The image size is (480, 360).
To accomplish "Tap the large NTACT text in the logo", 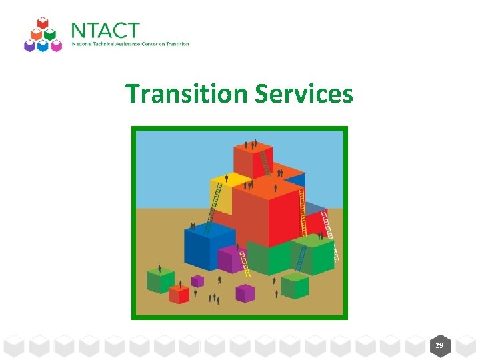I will tap(105, 31).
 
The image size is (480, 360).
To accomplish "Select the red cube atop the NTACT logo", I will tap(43, 24).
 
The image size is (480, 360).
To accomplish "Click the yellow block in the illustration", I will tap(221, 194).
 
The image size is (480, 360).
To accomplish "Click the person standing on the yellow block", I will tap(227, 178).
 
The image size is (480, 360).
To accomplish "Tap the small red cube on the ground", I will tap(179, 294).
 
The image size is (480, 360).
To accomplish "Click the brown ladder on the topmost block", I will tap(265, 163).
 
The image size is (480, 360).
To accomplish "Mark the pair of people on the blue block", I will tap(193, 226).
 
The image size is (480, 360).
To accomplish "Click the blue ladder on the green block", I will tap(301, 259).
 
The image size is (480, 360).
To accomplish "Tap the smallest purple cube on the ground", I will tap(197, 281).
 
